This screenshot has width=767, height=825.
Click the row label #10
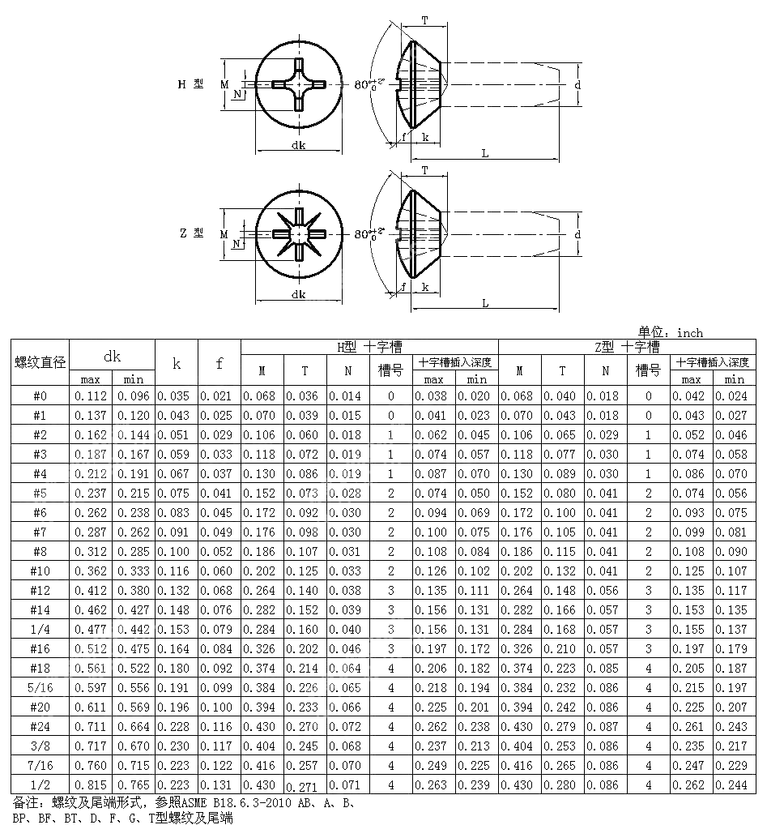click(40, 571)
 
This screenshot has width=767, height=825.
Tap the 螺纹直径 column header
click(40, 361)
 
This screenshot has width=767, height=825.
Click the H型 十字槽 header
click(369, 347)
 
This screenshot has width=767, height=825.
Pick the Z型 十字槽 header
click(626, 347)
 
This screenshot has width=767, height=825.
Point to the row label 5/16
click(40, 687)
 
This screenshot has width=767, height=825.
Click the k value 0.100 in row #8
click(177, 551)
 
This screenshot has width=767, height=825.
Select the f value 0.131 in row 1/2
click(219, 784)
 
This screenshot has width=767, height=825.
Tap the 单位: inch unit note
click(671, 332)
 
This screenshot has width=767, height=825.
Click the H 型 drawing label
click(192, 83)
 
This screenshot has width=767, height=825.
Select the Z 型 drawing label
click(192, 233)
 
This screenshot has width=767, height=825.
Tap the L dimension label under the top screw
click(484, 153)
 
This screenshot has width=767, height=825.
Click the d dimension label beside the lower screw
click(577, 234)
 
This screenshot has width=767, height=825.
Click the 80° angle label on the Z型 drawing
click(365, 234)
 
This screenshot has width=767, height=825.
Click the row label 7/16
click(40, 765)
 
